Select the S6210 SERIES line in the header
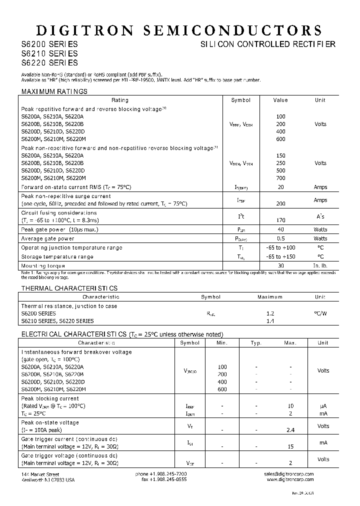tap(49, 53)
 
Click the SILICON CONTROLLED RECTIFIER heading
tap(267, 44)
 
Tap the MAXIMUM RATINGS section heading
tap(54, 91)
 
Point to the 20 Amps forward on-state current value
tap(280, 187)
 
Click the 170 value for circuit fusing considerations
tap(280, 220)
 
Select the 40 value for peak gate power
tap(280, 229)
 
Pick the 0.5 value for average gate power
tap(280, 238)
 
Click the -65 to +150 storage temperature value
tap(280, 256)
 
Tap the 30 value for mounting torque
tap(280, 265)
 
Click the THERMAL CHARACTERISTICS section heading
tap(69, 288)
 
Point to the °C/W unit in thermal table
tap(320, 313)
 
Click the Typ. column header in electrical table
tap(256, 343)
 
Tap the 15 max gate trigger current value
tap(290, 446)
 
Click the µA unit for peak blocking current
tap(323, 406)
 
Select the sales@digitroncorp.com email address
tap(289, 473)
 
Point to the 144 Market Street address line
tap(40, 473)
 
